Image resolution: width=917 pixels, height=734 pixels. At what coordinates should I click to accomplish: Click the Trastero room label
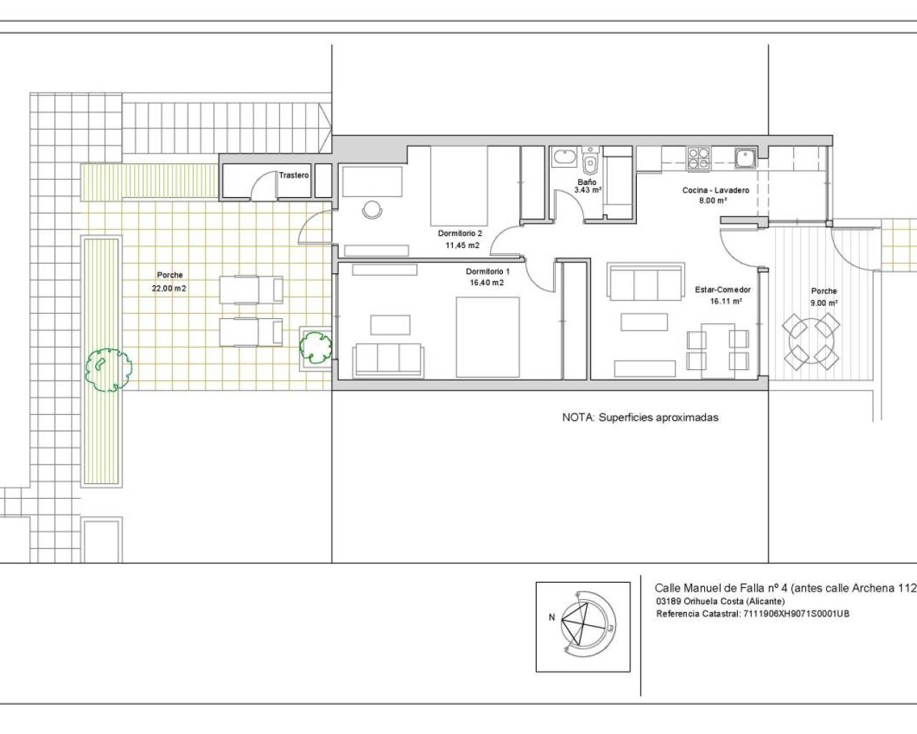pos(294,176)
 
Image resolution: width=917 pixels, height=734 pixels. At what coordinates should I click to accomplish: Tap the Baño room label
pos(587,182)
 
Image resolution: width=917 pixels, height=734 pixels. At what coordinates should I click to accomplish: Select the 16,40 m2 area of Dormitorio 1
pos(486,282)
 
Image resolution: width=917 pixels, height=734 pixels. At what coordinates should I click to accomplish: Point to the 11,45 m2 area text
pos(462,245)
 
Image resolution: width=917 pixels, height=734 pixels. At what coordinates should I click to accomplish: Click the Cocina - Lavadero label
pos(716,190)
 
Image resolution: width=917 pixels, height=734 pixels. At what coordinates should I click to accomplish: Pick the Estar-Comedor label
pos(723,290)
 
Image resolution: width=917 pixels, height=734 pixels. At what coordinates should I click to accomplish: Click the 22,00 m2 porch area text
pos(169,288)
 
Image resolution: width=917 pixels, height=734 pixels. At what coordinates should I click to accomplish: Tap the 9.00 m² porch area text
pos(824,302)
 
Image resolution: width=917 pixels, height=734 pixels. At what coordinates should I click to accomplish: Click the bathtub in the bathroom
pos(565,158)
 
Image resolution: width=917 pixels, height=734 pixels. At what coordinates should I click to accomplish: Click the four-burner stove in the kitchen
pos(698,158)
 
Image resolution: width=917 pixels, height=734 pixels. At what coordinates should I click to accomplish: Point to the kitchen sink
pos(745,158)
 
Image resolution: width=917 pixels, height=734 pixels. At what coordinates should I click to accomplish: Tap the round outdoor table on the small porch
pos(811,342)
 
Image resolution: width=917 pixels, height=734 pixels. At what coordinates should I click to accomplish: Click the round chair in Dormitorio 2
pos(372,209)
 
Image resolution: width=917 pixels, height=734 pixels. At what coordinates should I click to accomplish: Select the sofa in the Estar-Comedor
pos(647,282)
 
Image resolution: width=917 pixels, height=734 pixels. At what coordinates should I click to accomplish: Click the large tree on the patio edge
pos(109,369)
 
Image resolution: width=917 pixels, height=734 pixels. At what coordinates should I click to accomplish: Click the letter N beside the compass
pos(552,617)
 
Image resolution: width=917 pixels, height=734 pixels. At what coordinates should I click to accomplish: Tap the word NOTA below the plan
pos(578,417)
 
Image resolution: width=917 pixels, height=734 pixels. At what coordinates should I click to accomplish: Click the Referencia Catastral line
pos(752,614)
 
